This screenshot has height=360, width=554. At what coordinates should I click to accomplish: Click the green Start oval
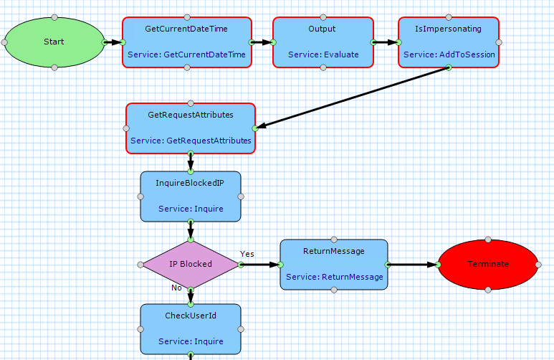(x=54, y=42)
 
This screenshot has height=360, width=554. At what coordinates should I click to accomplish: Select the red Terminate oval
(x=488, y=264)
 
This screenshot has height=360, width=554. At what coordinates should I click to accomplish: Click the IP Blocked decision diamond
(x=191, y=264)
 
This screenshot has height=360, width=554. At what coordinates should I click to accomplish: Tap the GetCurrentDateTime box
(x=186, y=42)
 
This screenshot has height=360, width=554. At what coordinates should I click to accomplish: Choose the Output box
(x=323, y=42)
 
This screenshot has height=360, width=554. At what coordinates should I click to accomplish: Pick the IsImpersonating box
(x=448, y=42)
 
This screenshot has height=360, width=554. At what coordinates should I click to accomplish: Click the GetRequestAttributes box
(x=191, y=128)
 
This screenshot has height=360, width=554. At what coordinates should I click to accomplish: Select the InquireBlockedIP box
(x=191, y=196)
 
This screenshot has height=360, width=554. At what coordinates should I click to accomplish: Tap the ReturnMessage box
(x=334, y=264)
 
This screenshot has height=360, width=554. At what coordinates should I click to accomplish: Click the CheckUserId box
(x=191, y=328)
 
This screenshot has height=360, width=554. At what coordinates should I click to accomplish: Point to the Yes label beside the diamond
(x=247, y=254)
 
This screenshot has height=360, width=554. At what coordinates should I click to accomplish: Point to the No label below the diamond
(x=176, y=288)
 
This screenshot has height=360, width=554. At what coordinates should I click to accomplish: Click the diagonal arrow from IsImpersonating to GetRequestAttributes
(x=351, y=98)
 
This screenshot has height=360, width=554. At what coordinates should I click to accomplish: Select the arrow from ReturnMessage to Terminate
(x=411, y=264)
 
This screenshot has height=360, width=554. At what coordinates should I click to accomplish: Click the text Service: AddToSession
(x=449, y=55)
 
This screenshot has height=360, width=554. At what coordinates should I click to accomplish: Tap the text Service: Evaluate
(x=323, y=55)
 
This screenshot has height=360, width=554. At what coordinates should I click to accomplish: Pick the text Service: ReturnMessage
(x=334, y=277)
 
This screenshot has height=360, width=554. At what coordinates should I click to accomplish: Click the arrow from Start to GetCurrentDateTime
(x=113, y=42)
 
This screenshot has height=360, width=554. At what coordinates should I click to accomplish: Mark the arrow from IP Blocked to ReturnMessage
(x=259, y=264)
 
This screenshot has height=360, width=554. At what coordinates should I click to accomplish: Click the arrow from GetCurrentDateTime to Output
(x=262, y=42)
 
